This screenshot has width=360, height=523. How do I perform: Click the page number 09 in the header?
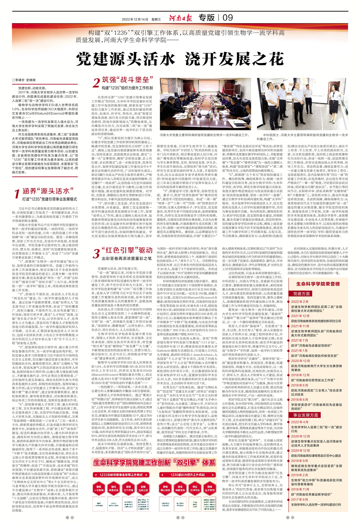(x=228, y=18)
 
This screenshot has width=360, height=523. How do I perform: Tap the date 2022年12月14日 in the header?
(x=135, y=19)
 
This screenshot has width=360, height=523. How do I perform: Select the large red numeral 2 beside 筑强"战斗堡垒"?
(x=96, y=82)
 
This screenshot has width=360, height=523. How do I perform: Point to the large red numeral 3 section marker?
(x=96, y=253)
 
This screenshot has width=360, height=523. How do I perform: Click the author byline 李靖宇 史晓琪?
(x=24, y=80)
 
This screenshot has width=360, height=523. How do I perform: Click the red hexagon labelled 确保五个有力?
(x=210, y=488)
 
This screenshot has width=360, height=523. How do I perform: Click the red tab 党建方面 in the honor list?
(x=301, y=294)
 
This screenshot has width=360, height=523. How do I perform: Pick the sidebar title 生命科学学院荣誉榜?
(x=318, y=284)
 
